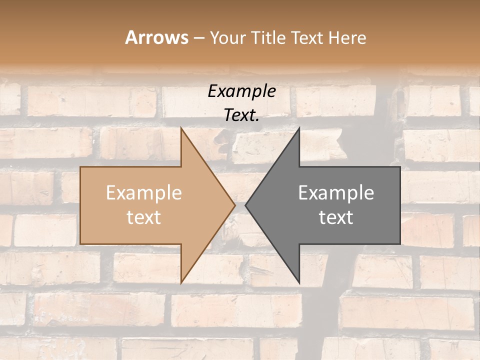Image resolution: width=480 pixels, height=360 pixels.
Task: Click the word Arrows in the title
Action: point(157,37)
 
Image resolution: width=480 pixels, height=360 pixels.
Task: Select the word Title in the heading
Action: point(267,37)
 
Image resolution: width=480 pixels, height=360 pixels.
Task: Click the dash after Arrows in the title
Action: point(198,38)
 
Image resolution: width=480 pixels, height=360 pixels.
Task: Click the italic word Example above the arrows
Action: point(242,91)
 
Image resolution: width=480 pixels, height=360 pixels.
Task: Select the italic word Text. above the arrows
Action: point(242,115)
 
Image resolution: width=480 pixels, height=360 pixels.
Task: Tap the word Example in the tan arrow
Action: point(144,193)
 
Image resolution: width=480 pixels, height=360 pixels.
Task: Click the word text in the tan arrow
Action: point(144,217)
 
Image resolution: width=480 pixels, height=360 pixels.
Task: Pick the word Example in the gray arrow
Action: point(336,193)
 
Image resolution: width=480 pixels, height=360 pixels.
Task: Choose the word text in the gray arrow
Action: point(336,217)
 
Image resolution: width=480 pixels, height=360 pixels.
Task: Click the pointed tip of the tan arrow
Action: point(234,205)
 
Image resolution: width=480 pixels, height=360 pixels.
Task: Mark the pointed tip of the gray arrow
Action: point(246,205)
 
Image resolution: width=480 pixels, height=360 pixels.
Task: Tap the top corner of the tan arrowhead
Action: point(181,128)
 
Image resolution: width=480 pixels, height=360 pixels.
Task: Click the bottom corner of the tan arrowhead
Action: point(181,282)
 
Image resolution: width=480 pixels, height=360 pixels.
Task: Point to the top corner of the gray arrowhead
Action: point(299,128)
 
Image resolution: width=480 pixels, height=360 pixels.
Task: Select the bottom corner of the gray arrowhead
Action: point(299,282)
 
